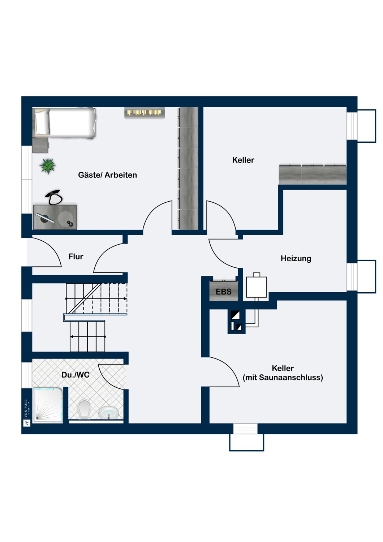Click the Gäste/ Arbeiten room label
(107, 175)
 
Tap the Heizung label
(296, 259)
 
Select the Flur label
(76, 257)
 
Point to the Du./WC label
(76, 375)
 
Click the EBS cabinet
(224, 291)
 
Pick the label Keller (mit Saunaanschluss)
(283, 373)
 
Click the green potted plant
(48, 166)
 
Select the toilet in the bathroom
(84, 409)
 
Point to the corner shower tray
(48, 405)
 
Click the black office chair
(54, 197)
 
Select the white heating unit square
(257, 287)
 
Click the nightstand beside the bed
(40, 145)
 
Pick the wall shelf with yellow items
(145, 113)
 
